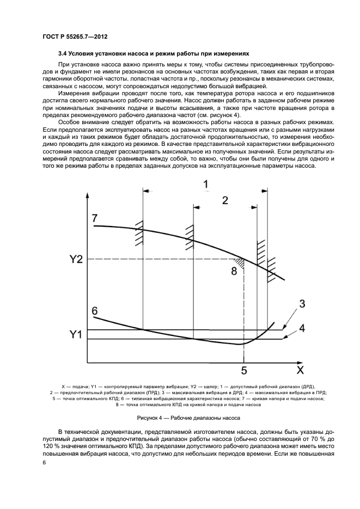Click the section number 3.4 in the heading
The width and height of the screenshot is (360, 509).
[64, 54]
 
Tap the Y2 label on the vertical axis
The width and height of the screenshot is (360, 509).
[76, 259]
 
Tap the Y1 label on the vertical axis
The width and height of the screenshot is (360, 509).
[76, 335]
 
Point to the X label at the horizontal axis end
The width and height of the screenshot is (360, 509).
[299, 371]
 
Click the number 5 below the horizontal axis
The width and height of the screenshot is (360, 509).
[244, 371]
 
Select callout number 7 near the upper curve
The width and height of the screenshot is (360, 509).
[95, 218]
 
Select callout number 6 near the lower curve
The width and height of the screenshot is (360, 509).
[95, 311]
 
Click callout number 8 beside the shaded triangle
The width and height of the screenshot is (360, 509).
[234, 271]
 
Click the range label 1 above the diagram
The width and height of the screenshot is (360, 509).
[205, 183]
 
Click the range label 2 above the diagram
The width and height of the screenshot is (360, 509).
[224, 200]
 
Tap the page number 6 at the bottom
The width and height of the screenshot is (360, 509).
[44, 462]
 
